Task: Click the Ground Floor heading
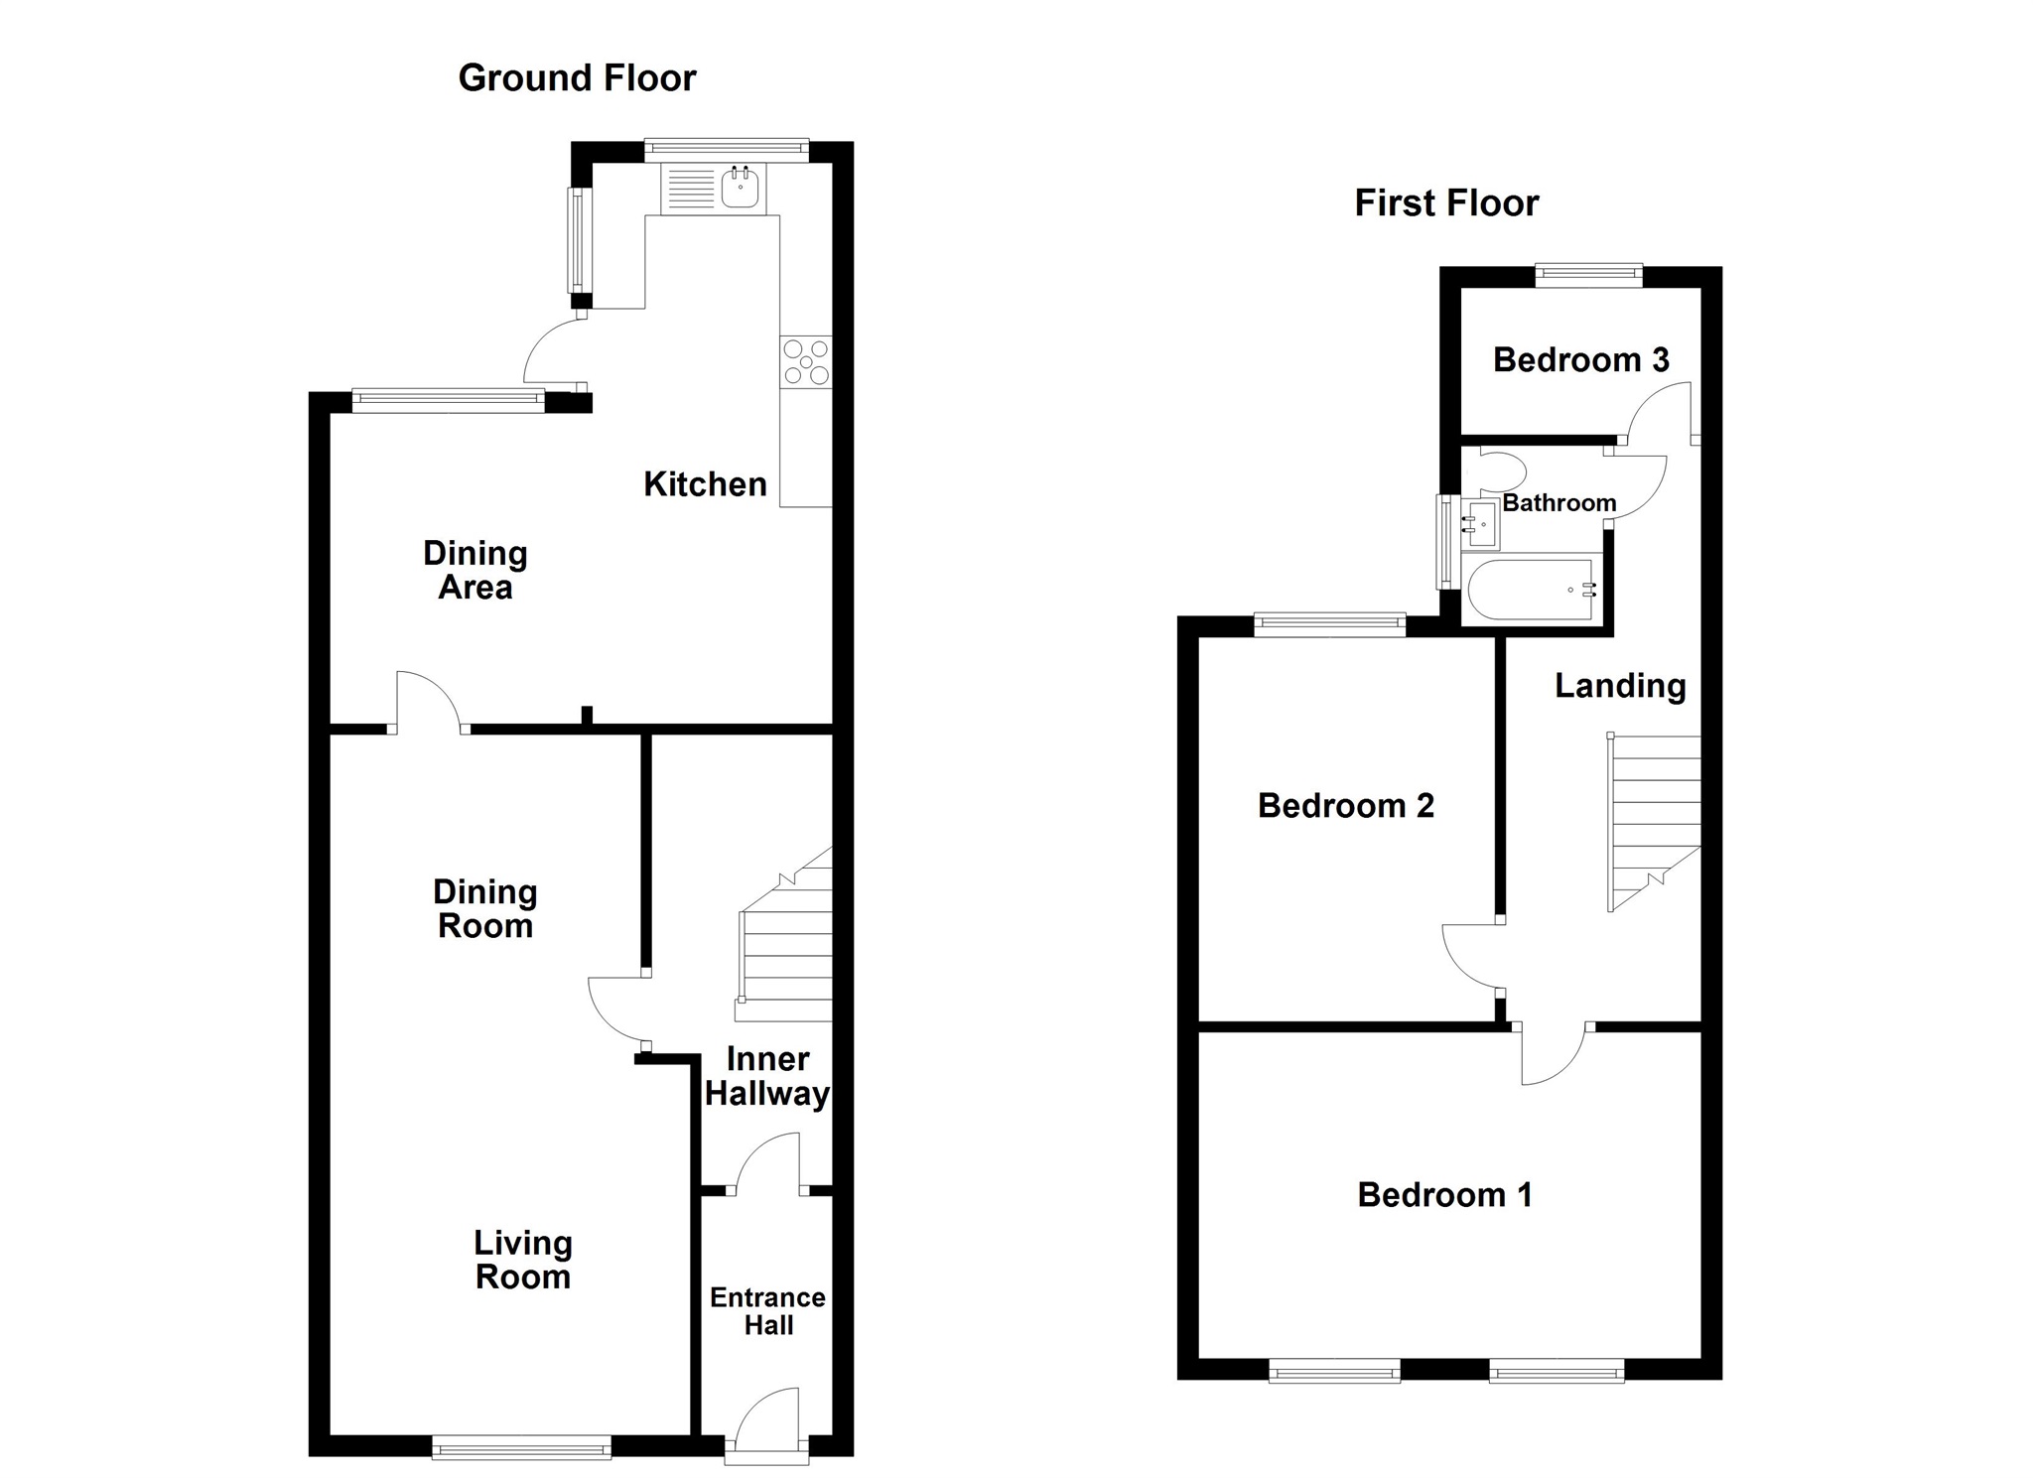coord(577,78)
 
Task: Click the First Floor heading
coord(1446,203)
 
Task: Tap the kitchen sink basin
coord(740,188)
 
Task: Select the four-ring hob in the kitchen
coord(806,362)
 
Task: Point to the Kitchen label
coord(705,484)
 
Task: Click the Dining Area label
coord(474,571)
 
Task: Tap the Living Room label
coord(523,1260)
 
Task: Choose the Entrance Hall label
coord(768,1311)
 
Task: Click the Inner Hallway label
coord(767,1077)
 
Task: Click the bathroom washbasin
coord(1480,524)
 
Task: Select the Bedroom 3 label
coord(1580,359)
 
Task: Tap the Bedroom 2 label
coord(1346,805)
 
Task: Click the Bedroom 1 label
coord(1444,1194)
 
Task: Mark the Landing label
coord(1620,686)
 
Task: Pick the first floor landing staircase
coord(1655,823)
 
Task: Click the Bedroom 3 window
coord(1588,276)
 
